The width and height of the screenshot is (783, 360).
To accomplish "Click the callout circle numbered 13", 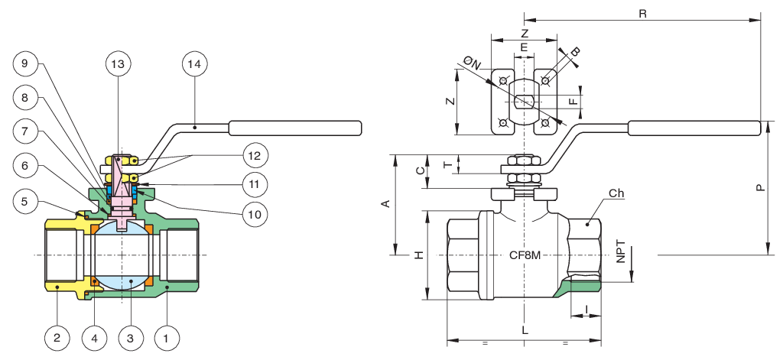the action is [119, 64].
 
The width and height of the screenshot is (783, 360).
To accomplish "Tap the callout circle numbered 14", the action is [195, 64].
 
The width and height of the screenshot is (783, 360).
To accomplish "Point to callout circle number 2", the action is [57, 338].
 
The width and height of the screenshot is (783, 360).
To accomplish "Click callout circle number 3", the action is [130, 338].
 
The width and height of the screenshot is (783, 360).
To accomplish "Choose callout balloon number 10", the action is [255, 214].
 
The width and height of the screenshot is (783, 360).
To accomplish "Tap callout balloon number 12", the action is [255, 155].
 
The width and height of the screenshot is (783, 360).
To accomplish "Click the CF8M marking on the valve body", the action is [525, 255].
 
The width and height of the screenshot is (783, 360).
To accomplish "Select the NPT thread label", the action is [621, 255].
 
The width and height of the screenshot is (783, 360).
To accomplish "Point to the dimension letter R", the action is [642, 14].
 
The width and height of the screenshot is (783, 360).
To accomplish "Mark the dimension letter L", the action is [525, 330].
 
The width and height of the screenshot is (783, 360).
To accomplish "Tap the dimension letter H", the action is [420, 255].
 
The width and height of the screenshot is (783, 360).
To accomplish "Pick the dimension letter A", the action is [386, 203].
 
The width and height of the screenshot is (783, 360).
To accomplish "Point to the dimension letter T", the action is [448, 164].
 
